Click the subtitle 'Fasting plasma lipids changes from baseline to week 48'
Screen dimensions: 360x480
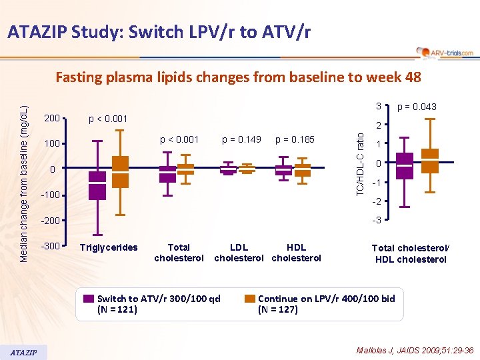tap(238, 77)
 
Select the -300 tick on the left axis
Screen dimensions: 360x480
tap(51, 247)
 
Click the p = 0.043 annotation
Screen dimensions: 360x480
tap(417, 107)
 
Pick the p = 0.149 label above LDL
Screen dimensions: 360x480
tap(241, 140)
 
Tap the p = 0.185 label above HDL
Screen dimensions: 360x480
tap(294, 140)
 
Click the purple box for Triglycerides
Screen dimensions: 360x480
tap(97, 185)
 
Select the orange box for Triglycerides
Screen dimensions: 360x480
tap(120, 172)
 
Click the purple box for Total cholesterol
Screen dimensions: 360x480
tap(168, 174)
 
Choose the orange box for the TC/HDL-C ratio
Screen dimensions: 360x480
tap(431, 161)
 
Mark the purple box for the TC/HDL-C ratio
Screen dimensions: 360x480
tap(405, 165)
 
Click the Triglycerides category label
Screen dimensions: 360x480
tap(108, 247)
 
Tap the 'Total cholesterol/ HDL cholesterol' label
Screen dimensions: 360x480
tap(411, 253)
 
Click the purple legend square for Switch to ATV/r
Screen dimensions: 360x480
tap(89, 299)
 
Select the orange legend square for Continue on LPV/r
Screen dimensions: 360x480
tap(250, 299)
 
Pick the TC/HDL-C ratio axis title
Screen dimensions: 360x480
tap(360, 163)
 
